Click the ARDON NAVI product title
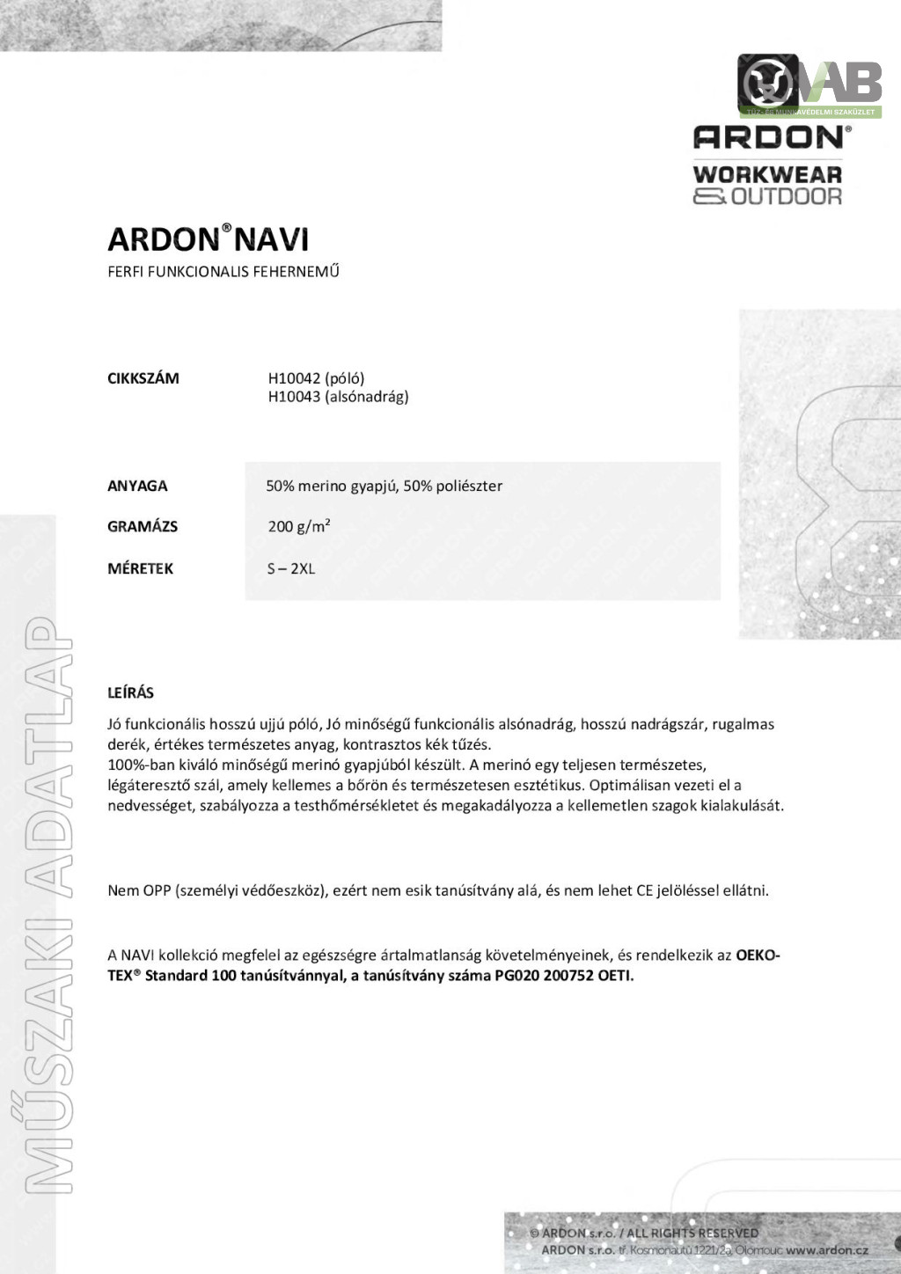(x=208, y=239)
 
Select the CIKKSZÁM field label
(x=143, y=378)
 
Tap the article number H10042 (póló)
(x=316, y=378)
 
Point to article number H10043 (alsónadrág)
(x=338, y=397)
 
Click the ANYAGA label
(x=137, y=486)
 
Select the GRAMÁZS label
(x=143, y=526)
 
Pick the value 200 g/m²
(x=299, y=526)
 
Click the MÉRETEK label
(x=141, y=568)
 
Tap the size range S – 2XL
(x=290, y=568)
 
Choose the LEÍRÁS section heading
(x=130, y=692)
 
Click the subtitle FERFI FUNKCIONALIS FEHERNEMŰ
(x=223, y=271)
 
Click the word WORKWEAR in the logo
(x=767, y=174)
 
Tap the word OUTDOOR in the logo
(x=787, y=196)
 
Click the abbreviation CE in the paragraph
(x=644, y=890)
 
